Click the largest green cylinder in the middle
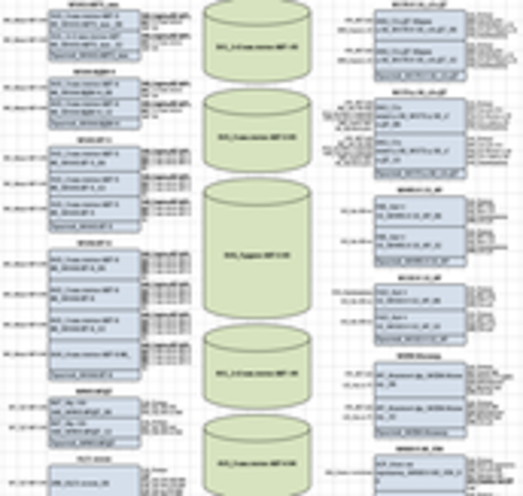258,252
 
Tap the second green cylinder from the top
258,134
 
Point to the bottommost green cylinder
258,457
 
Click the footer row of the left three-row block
94,226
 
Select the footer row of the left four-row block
94,374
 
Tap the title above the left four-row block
94,243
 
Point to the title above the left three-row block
94,140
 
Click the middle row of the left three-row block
94,183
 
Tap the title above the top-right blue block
420,4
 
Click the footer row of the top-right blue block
420,75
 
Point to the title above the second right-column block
420,92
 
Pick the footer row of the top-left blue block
94,56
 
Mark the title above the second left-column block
94,72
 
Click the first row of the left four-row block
94,263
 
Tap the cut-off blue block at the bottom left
94,480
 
